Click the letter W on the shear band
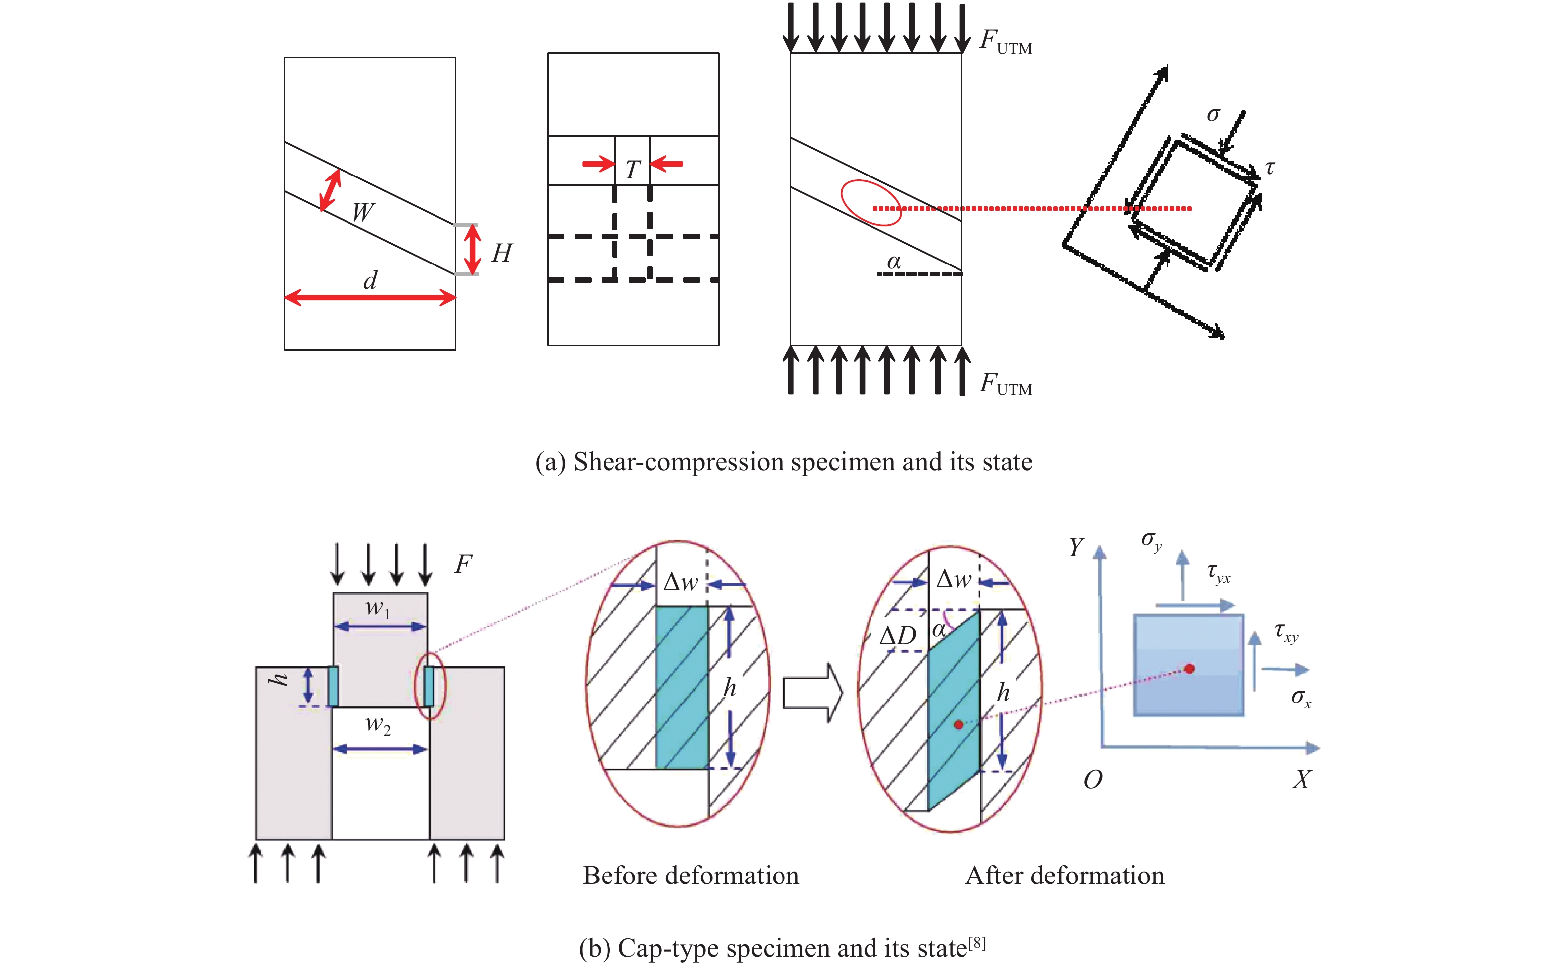point(363,211)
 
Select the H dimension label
point(502,253)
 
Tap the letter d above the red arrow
point(370,280)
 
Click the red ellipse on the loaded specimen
point(871,202)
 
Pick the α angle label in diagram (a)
point(894,262)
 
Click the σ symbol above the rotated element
point(1213,115)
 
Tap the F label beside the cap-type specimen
point(463,565)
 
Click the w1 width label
point(378,608)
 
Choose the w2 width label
point(378,725)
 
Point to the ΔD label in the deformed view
point(898,636)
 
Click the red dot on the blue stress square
point(1189,668)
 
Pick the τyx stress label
point(1218,572)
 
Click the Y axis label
point(1076,548)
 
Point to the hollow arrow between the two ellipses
point(812,693)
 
